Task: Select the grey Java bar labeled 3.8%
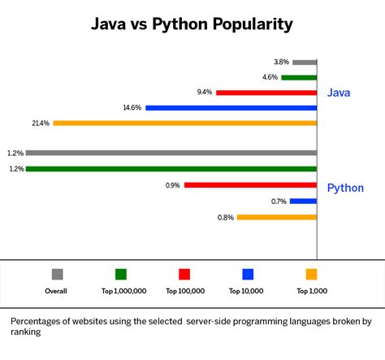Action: [x=305, y=62]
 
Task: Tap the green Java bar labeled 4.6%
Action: [x=299, y=77]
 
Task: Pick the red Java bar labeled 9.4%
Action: [x=266, y=93]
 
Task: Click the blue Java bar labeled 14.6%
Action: [x=231, y=107]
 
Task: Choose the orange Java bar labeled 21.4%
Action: [x=185, y=123]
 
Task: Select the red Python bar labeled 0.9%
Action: [x=250, y=185]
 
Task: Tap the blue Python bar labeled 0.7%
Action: [x=303, y=201]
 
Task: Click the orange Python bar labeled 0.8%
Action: [x=276, y=217]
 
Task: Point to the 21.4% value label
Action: [x=40, y=124]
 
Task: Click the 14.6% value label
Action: [x=132, y=108]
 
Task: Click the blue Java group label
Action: [x=339, y=93]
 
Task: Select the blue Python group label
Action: [x=345, y=188]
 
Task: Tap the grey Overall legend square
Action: [x=57, y=274]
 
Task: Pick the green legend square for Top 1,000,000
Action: [x=120, y=274]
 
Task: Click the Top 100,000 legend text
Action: [x=184, y=290]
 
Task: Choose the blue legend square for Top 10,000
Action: [x=248, y=274]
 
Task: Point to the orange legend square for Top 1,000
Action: [x=311, y=274]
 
